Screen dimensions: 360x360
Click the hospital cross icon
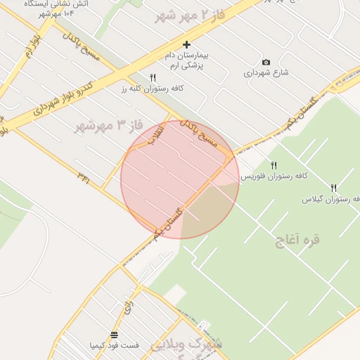[x=186, y=44]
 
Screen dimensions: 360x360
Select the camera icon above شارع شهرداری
[x=266, y=62]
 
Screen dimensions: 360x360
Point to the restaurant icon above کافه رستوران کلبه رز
[x=153, y=77]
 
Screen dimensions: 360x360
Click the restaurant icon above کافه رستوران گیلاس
[x=333, y=188]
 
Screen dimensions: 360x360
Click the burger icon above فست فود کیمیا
[x=114, y=335]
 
